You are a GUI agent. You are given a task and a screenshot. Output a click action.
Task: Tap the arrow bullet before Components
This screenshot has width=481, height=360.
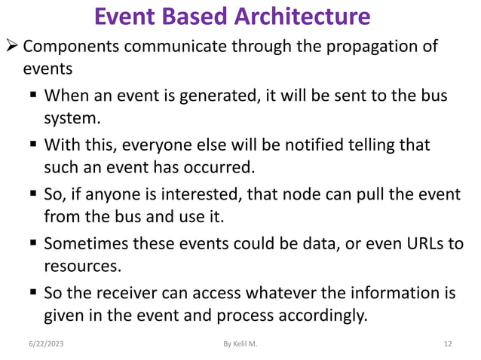pyautogui.click(x=11, y=47)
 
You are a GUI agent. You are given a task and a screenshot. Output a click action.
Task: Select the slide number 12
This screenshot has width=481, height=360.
pyautogui.click(x=448, y=344)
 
